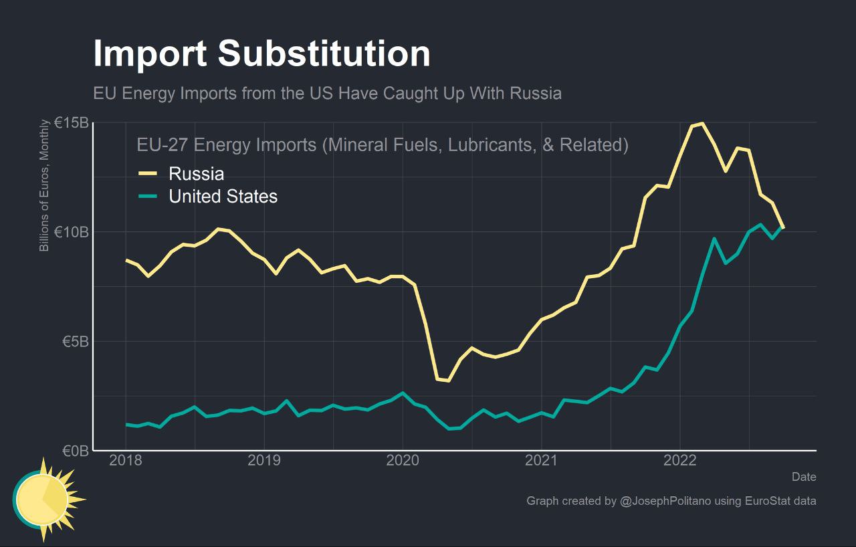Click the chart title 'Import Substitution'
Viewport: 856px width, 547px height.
coord(261,53)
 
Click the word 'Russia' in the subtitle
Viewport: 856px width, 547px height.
coord(535,93)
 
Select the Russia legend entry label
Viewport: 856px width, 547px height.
coord(196,174)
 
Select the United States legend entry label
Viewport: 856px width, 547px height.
coord(223,196)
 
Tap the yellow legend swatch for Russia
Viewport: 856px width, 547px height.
coord(148,174)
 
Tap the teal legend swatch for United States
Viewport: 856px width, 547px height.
coord(148,196)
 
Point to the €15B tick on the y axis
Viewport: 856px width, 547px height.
coord(71,123)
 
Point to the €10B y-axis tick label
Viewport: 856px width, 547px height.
coord(71,232)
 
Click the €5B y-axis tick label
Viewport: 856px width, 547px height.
coord(75,342)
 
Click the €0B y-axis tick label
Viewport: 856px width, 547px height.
coord(75,451)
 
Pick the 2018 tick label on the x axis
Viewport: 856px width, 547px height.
coord(126,461)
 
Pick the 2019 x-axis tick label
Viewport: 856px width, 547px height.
coord(264,461)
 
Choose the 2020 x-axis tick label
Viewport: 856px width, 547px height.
coord(403,461)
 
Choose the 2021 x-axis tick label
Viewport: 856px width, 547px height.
coord(541,461)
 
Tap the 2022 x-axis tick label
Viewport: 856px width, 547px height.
coord(679,461)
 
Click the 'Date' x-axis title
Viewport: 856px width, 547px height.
coord(804,477)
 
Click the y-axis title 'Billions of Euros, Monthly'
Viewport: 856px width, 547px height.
coord(45,185)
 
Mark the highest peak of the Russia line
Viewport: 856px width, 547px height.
coord(701,123)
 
